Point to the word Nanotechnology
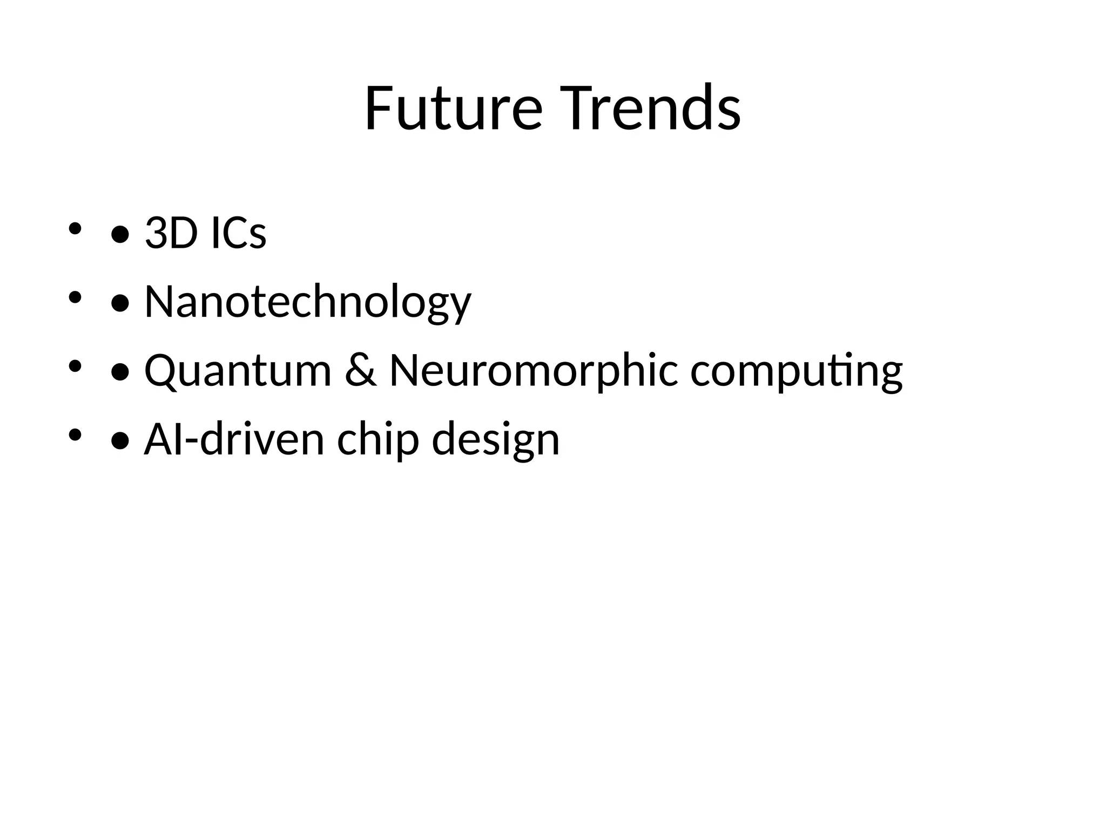coord(308,302)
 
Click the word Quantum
coord(238,371)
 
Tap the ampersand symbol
coord(360,371)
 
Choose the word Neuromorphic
coord(534,371)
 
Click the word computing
coord(796,371)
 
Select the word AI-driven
coord(234,439)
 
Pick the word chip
coord(378,440)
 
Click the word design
coord(496,440)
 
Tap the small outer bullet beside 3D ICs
coord(75,228)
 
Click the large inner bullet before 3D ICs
coord(120,235)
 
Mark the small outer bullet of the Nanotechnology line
coord(75,297)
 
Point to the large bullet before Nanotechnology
coord(120,304)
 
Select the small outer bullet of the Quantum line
coord(75,366)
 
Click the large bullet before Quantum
coord(120,373)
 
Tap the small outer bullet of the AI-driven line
coord(75,434)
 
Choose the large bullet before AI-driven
coord(120,441)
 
